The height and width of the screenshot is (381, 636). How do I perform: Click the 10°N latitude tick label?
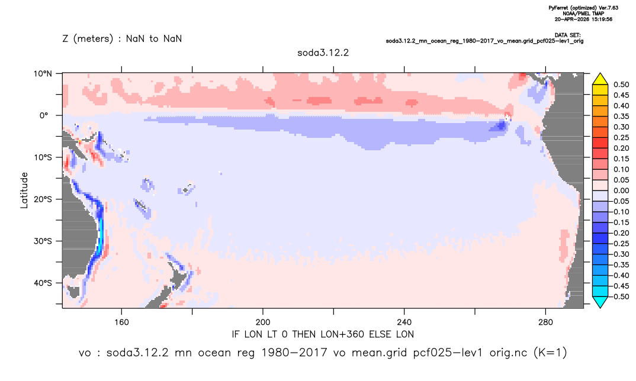[x=43, y=74]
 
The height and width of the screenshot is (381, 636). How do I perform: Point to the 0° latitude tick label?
[x=44, y=115]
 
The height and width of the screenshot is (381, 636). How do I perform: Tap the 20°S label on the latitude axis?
[x=43, y=199]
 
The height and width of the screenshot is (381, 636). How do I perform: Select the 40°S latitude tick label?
[x=43, y=283]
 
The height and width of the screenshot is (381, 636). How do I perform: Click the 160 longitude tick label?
[x=121, y=322]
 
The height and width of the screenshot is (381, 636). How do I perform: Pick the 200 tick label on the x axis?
[x=263, y=322]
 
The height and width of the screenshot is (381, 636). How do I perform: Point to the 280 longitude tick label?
[x=545, y=322]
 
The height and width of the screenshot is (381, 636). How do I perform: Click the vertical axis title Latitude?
[x=24, y=190]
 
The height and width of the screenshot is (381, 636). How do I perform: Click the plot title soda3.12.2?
[x=323, y=53]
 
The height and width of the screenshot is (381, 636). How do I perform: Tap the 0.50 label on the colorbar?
[x=621, y=85]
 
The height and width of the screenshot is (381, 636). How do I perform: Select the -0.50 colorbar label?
[x=619, y=296]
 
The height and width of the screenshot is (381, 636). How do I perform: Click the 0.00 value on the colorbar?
[x=621, y=190]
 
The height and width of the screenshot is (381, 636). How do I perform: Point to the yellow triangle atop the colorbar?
[x=600, y=79]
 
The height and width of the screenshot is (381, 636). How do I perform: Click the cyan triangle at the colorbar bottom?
[x=600, y=302]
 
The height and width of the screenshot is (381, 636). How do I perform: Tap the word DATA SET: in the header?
[x=567, y=35]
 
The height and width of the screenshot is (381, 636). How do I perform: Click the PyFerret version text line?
[x=583, y=8]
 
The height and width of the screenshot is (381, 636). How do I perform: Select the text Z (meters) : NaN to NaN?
[x=122, y=39]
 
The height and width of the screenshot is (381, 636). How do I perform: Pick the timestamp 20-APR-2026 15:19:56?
[x=583, y=19]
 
